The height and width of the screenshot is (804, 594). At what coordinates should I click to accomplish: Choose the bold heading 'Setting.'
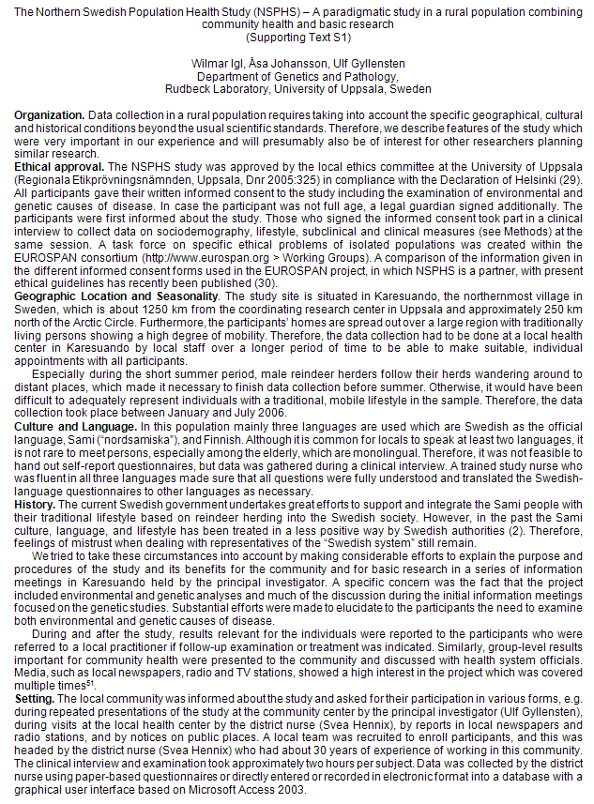pyautogui.click(x=35, y=700)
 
